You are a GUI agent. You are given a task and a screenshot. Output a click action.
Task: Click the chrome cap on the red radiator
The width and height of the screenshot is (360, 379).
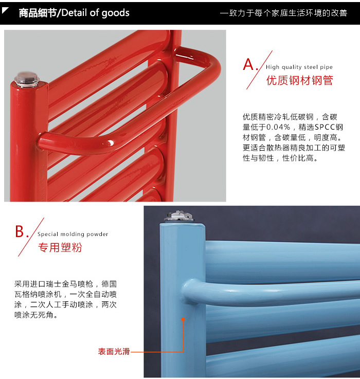pos(27,79)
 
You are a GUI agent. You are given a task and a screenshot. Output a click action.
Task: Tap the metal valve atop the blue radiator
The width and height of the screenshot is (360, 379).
pos(179,216)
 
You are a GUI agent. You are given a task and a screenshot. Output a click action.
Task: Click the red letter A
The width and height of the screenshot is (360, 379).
pos(248,64)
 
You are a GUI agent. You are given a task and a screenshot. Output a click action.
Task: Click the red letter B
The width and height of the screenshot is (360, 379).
pos(20,231)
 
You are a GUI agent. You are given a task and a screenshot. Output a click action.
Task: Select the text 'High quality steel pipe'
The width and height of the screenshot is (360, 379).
pos(299,67)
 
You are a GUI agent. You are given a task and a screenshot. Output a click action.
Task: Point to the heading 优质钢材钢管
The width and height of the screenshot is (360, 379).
pos(300,80)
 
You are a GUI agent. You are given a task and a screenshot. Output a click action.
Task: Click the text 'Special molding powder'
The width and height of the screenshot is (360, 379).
pos(73,234)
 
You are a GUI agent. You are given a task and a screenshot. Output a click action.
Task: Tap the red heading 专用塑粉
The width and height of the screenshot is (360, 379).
pos(60,247)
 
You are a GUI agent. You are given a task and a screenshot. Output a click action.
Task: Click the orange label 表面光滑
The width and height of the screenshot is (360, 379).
pos(114,351)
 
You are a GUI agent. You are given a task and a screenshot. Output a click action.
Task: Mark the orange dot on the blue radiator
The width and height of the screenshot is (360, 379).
pos(183,319)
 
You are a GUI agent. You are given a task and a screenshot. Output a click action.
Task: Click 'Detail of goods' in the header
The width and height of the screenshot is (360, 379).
pos(96,13)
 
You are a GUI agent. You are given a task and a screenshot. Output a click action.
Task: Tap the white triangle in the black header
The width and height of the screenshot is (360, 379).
pos(5,10)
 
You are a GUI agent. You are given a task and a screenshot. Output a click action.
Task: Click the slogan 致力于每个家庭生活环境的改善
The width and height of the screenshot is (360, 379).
pos(288,13)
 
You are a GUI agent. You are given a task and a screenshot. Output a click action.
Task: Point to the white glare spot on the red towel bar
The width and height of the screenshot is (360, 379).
pos(111,143)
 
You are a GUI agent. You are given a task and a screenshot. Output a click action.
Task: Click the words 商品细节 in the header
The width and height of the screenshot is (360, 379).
pos(38,13)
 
